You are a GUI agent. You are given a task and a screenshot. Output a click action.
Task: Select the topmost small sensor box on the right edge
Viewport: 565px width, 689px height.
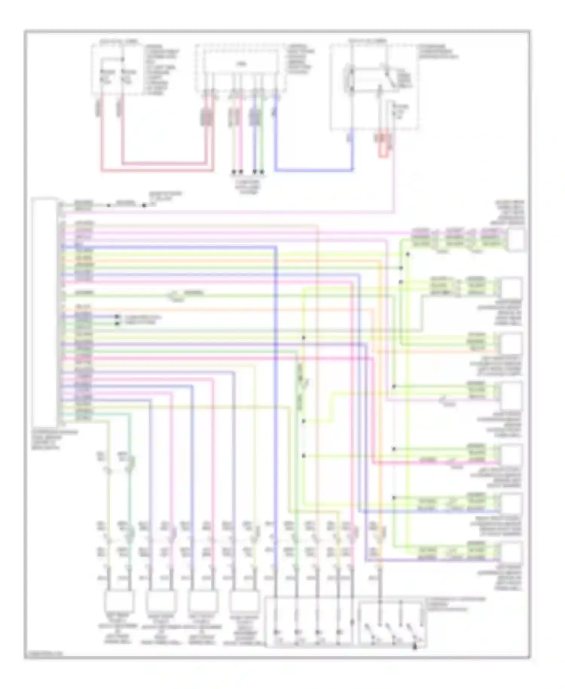(516, 240)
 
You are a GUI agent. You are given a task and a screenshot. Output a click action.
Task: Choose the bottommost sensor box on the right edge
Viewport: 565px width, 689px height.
(512, 553)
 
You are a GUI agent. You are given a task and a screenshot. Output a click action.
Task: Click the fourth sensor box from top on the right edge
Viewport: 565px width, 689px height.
(512, 395)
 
